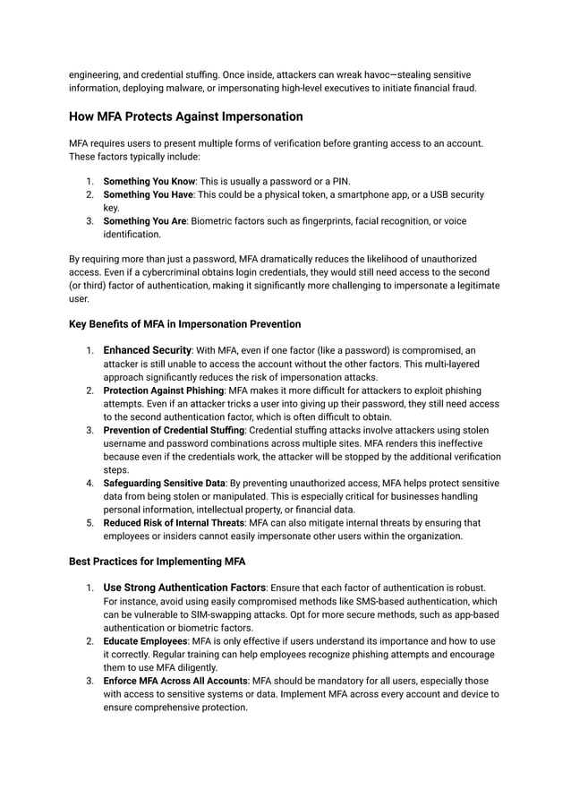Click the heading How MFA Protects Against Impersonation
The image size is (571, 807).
pos(185,116)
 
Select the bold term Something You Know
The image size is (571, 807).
pos(149,182)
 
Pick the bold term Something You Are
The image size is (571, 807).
pos(146,221)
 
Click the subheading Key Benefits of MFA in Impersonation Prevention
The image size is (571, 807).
pos(184,323)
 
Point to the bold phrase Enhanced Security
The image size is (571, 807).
pos(148,350)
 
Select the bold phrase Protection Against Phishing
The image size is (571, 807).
pos(164,391)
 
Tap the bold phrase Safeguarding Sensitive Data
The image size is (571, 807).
pos(164,484)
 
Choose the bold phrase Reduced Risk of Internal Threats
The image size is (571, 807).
pos(174,523)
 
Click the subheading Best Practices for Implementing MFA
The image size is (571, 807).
pos(158,562)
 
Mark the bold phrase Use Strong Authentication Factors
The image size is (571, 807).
pos(184,588)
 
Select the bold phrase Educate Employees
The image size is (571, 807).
pos(145,641)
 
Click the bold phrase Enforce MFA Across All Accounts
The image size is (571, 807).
pos(175,681)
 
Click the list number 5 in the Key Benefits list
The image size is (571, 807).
pos(89,523)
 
